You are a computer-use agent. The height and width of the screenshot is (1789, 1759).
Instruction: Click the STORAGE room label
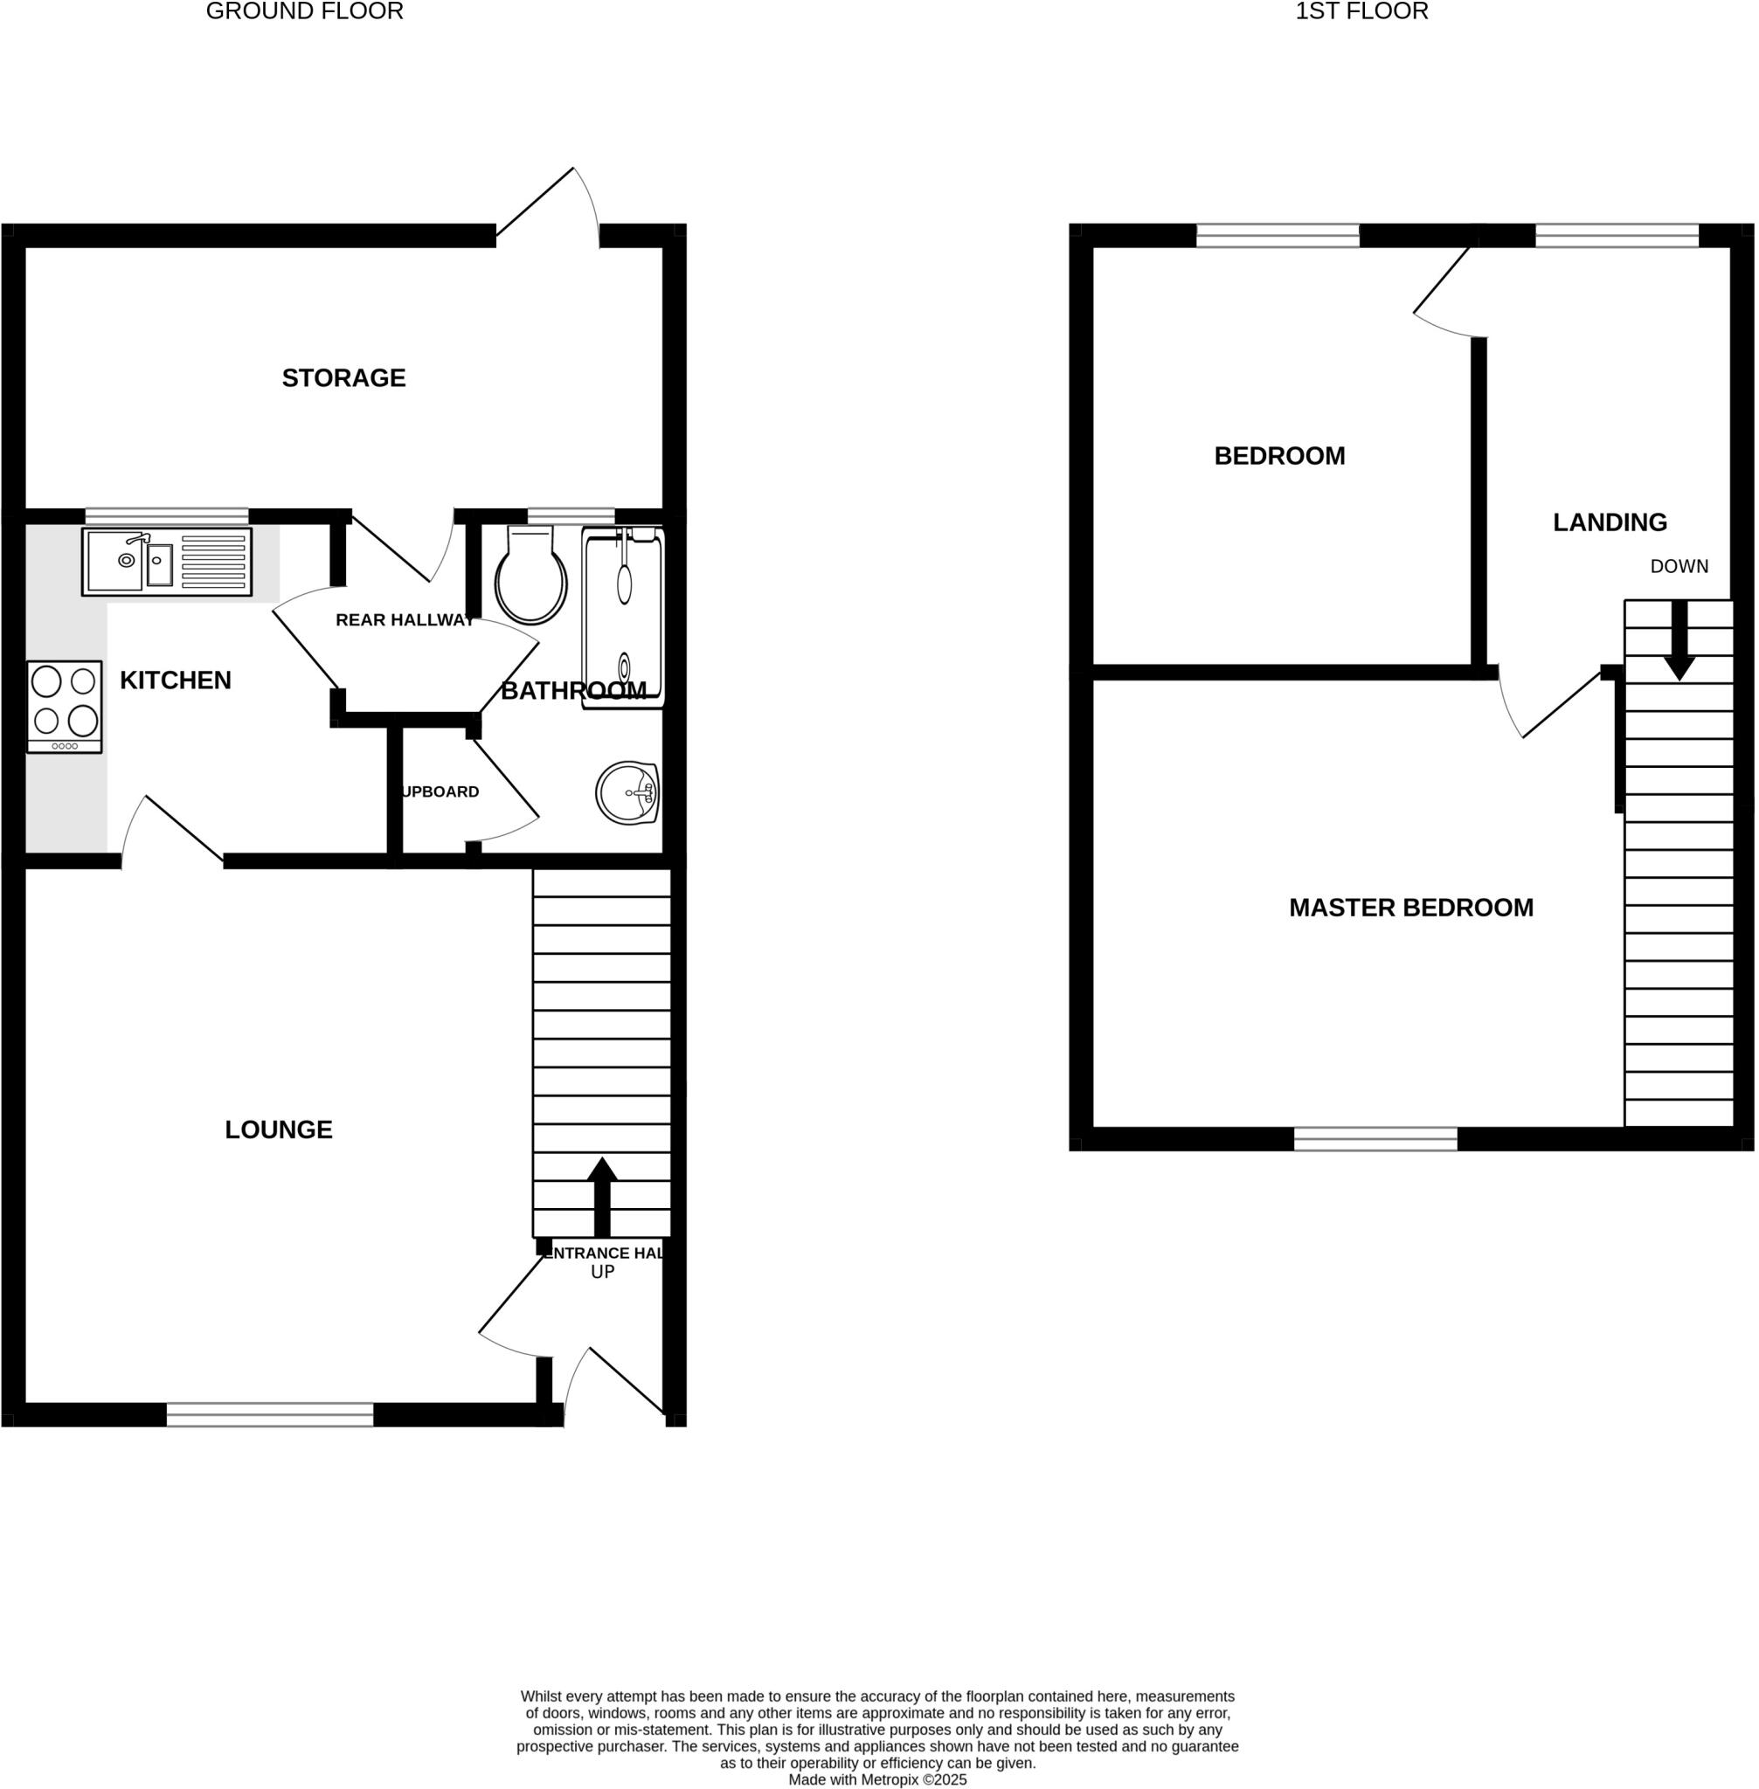pos(343,377)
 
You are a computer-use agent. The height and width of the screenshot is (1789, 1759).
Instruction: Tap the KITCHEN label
pos(176,680)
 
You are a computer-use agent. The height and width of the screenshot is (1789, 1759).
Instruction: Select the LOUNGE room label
pos(278,1129)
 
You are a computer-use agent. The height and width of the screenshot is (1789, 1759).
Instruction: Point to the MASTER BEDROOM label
pos(1410,908)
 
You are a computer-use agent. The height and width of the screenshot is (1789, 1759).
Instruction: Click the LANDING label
pos(1610,522)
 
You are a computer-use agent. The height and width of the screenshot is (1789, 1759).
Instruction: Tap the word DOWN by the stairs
pos(1679,567)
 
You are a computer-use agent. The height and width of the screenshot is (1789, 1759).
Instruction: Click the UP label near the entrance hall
pos(602,1272)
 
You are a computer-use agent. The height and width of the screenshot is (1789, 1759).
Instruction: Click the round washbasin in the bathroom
pos(627,792)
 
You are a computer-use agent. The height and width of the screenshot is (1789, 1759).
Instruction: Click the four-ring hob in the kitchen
pos(65,707)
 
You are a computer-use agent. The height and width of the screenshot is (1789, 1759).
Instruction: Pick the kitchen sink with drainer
pos(167,562)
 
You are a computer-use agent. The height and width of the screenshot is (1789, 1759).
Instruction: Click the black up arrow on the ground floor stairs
pos(602,1196)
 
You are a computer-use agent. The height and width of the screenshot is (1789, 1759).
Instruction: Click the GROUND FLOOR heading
pos(304,12)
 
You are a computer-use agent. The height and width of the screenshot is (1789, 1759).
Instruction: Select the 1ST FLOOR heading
pos(1361,12)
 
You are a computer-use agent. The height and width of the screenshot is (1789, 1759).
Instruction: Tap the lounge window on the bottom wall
pos(270,1414)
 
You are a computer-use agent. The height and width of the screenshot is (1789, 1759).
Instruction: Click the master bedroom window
pos(1375,1139)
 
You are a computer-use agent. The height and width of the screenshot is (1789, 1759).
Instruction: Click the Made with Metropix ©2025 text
pos(876,1779)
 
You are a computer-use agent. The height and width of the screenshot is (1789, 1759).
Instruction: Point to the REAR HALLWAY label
pos(405,619)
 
